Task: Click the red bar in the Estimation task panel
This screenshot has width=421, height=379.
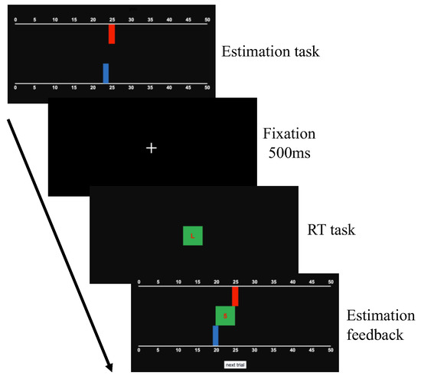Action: click(x=112, y=34)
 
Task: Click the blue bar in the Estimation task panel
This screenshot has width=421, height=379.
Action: click(x=106, y=73)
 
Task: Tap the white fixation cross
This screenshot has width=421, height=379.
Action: click(x=152, y=148)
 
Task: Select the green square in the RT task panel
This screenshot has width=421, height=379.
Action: click(x=192, y=237)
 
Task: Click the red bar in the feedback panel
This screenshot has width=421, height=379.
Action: click(x=235, y=296)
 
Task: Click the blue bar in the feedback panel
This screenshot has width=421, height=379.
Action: click(x=216, y=335)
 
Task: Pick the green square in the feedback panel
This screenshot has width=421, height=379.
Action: click(x=225, y=315)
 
